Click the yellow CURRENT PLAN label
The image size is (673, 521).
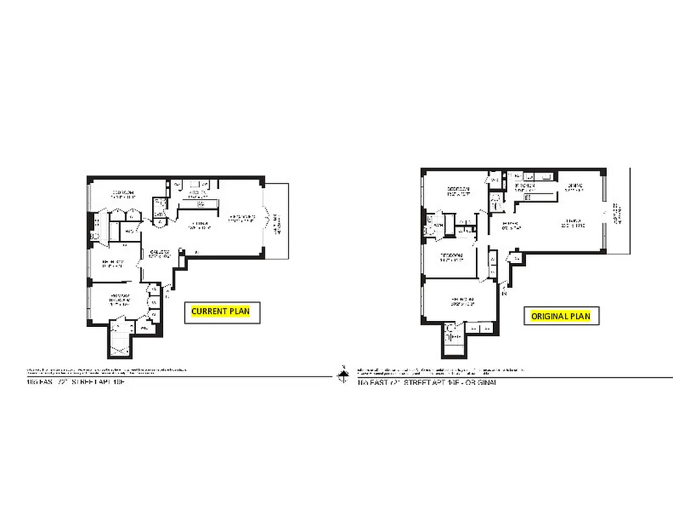[220, 311]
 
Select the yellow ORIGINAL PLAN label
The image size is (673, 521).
[561, 317]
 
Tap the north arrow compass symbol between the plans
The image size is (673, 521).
[343, 374]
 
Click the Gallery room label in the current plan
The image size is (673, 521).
[160, 254]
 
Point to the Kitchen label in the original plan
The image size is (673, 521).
[524, 188]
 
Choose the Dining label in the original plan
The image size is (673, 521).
[574, 188]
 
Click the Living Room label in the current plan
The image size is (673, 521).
[239, 219]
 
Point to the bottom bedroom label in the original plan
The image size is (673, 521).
[460, 302]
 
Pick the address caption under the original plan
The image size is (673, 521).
[426, 383]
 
